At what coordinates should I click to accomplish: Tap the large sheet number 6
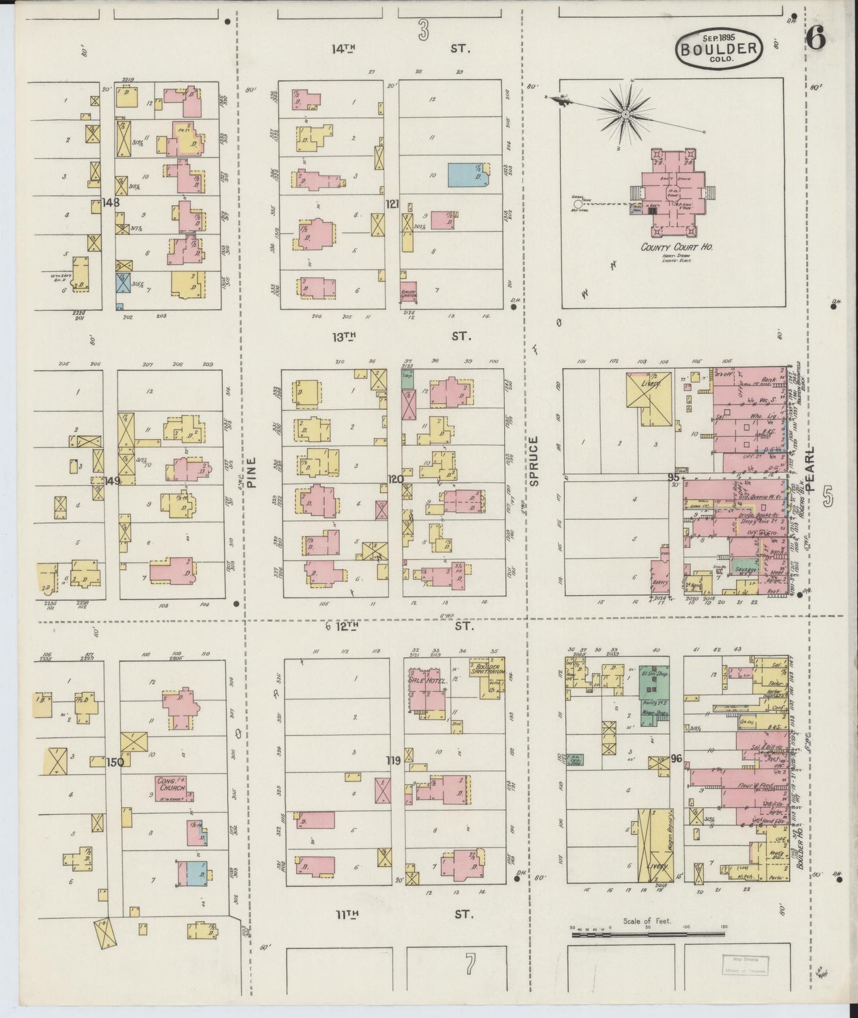816,40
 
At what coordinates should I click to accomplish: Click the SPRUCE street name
534,461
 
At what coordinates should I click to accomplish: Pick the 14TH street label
344,49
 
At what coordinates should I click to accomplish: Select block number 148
110,203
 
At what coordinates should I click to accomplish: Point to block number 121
392,204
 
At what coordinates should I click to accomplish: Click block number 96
676,758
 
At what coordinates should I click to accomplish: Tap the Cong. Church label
172,784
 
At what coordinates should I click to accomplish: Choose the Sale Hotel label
428,680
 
